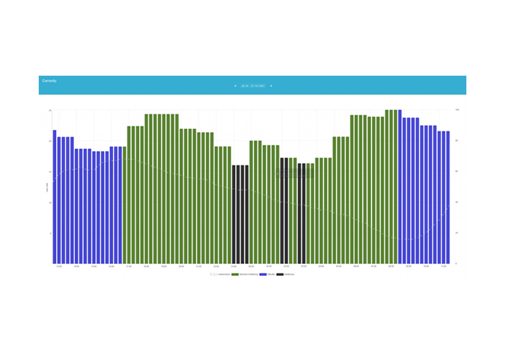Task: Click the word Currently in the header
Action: click(x=49, y=81)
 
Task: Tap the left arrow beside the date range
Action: click(x=235, y=86)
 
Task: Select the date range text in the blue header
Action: click(x=253, y=86)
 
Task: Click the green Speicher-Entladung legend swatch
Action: click(x=235, y=275)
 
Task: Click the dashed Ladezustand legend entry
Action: click(x=220, y=275)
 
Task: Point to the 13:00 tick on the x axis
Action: click(x=59, y=267)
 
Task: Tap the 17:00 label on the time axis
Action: click(x=129, y=267)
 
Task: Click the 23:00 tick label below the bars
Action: click(x=234, y=267)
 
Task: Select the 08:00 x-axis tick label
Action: click(x=391, y=267)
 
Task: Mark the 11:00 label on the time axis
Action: click(x=443, y=267)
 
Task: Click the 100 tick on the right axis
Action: click(x=457, y=110)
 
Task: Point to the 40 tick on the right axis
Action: click(x=457, y=202)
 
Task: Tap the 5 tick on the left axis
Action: click(x=49, y=233)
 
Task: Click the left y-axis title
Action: click(x=47, y=187)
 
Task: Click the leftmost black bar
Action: click(x=234, y=215)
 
